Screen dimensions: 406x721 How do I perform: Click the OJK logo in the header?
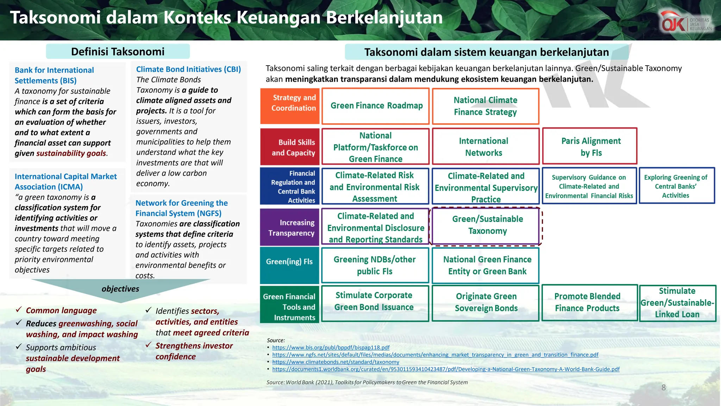[x=686, y=23]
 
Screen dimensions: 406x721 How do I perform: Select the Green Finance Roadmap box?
[x=376, y=106]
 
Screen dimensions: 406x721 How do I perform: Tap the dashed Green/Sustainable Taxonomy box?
[x=487, y=226]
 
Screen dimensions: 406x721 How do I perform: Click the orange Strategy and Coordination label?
[x=290, y=106]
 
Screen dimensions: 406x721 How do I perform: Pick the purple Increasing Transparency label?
[x=290, y=228]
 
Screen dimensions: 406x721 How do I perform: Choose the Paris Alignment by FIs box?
[x=590, y=146]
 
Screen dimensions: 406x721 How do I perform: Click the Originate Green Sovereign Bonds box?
[x=485, y=303]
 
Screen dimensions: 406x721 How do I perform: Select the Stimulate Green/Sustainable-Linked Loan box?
[x=677, y=303]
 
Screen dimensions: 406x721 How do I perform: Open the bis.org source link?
[x=331, y=347]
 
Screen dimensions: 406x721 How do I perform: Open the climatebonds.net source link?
[x=336, y=362]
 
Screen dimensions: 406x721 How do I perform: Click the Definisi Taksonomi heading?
[x=118, y=52]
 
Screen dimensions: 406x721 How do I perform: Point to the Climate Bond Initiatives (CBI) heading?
[x=188, y=69]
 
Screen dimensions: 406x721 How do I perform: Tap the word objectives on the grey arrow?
[x=120, y=289]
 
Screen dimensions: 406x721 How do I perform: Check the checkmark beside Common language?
[x=19, y=310]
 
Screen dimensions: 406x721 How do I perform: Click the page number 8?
[x=664, y=388]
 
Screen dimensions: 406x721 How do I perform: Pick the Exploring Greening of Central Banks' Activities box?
[x=676, y=186]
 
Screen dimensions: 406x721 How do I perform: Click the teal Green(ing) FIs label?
[x=289, y=262]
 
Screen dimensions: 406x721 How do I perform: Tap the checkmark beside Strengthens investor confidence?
[x=149, y=345]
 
